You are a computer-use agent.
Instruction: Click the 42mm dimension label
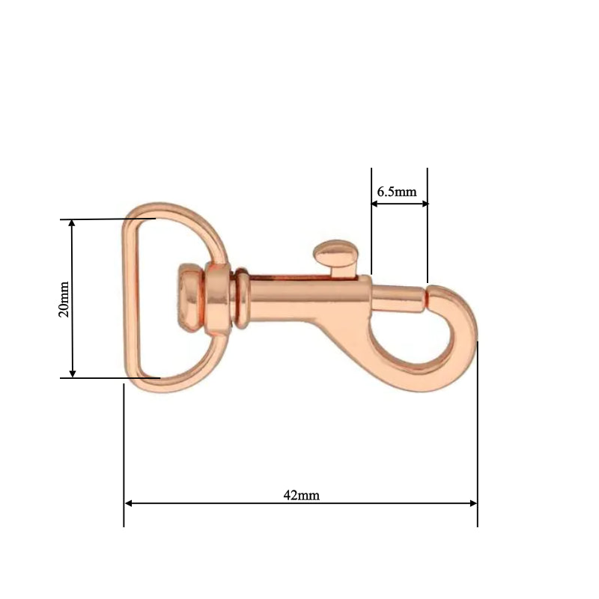pos(301,495)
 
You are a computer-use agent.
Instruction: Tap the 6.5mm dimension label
pos(397,192)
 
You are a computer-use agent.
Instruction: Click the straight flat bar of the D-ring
pos(131,299)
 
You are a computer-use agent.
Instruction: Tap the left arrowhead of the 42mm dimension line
pos(129,503)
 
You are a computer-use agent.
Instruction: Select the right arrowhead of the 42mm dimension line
pos(473,503)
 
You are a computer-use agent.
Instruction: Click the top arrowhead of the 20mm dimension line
pos(73,224)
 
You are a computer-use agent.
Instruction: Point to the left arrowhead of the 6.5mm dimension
pos(375,203)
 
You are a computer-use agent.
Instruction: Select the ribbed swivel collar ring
pos(241,299)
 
